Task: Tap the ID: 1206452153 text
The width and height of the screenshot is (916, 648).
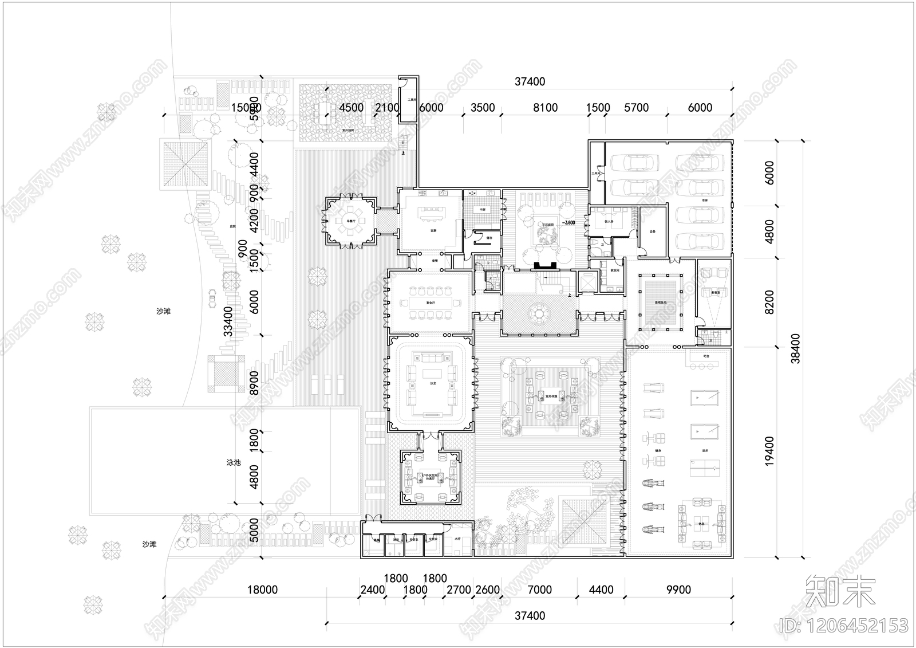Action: (845, 625)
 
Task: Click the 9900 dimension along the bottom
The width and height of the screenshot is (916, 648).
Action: (678, 590)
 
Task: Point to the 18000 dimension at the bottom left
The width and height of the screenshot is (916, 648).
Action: (262, 590)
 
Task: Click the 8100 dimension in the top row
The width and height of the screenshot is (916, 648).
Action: (544, 108)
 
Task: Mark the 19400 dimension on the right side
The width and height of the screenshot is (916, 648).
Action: (769, 450)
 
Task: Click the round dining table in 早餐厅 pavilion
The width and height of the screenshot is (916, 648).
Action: (350, 223)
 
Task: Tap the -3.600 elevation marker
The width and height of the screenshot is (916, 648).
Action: (568, 222)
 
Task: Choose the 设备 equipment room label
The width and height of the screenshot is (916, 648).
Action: (653, 231)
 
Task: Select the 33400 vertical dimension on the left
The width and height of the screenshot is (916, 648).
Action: (228, 321)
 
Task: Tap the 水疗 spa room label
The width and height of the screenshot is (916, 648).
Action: (457, 539)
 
